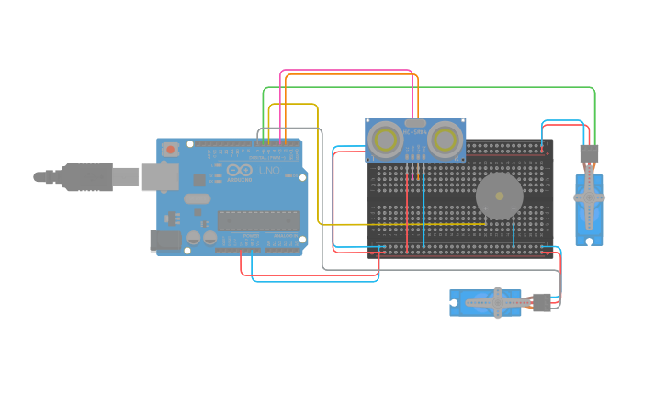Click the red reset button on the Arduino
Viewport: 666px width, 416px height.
coord(170,149)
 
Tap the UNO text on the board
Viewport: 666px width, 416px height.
coord(269,171)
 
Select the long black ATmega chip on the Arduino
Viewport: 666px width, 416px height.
coord(259,220)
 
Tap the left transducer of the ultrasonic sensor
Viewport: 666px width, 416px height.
coord(385,140)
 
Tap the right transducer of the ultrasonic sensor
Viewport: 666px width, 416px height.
coord(446,140)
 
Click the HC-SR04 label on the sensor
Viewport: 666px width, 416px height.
coord(415,132)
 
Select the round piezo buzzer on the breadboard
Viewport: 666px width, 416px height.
coord(499,196)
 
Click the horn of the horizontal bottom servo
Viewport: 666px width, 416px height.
coord(496,301)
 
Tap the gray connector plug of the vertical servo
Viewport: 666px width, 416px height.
coord(589,153)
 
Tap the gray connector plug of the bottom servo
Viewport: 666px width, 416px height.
coord(541,302)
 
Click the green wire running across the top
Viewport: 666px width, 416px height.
coord(432,88)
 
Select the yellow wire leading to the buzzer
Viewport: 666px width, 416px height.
coord(404,224)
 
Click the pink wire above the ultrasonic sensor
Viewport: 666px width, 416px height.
coord(349,70)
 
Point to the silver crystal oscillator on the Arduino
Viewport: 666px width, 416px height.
coord(197,198)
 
